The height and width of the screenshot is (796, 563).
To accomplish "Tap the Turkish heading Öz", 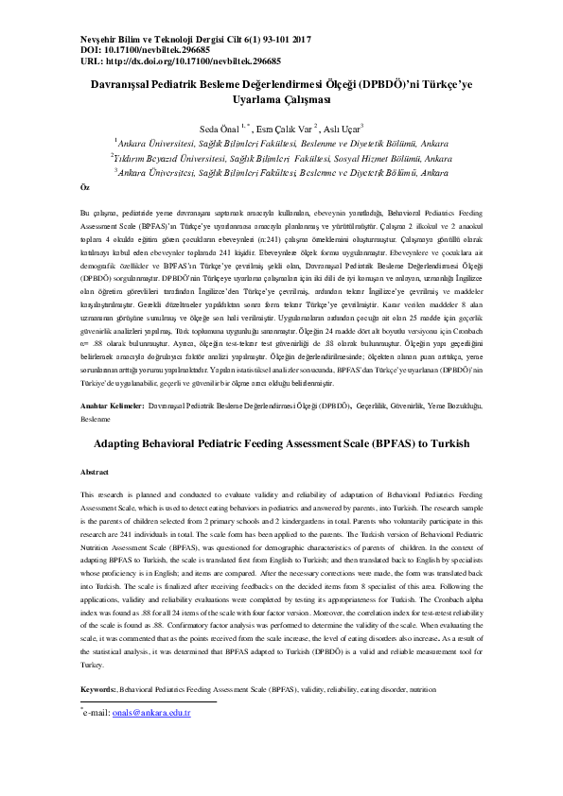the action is (86, 189).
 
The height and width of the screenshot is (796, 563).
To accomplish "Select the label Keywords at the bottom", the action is (100, 691).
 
